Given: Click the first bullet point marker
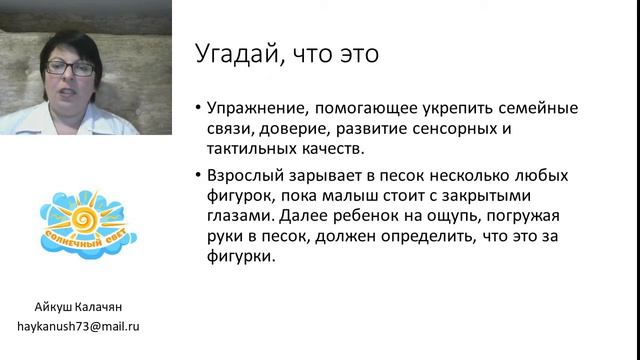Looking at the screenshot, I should coord(200,108).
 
